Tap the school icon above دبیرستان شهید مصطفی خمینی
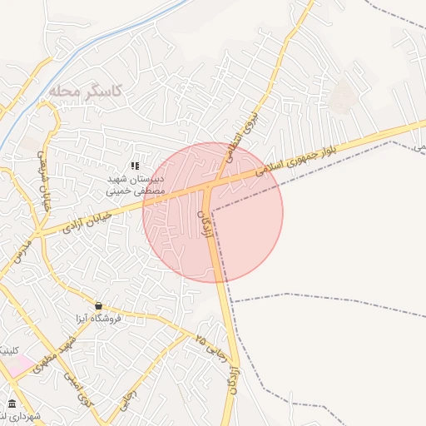[135, 166]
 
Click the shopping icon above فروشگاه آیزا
[99, 305]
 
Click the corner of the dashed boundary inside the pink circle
[212, 211]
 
